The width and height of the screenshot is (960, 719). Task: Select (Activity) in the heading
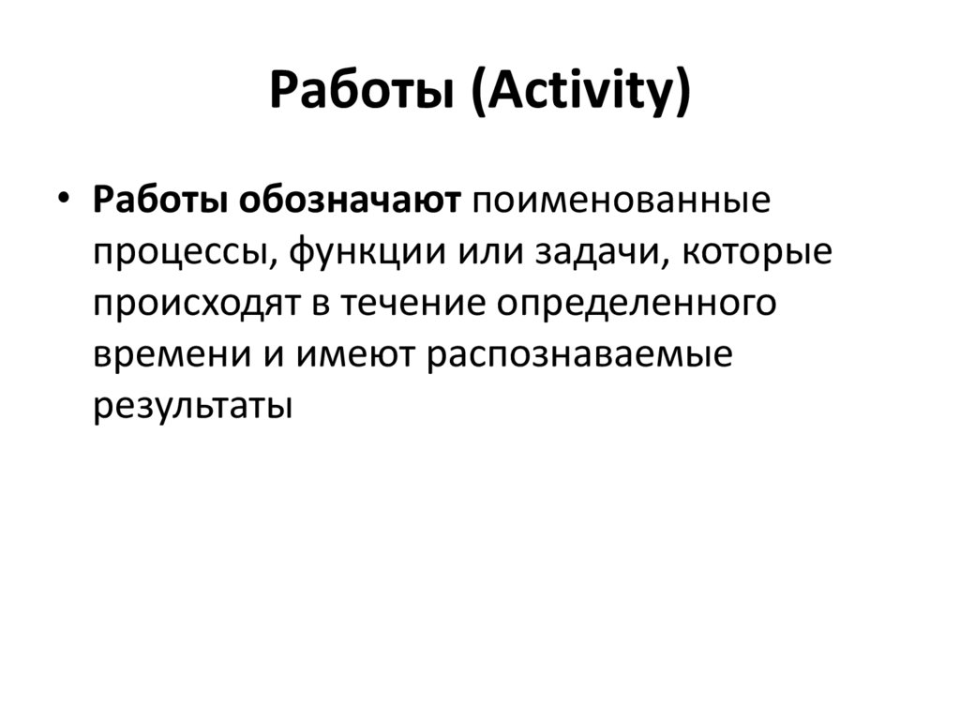(x=581, y=94)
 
